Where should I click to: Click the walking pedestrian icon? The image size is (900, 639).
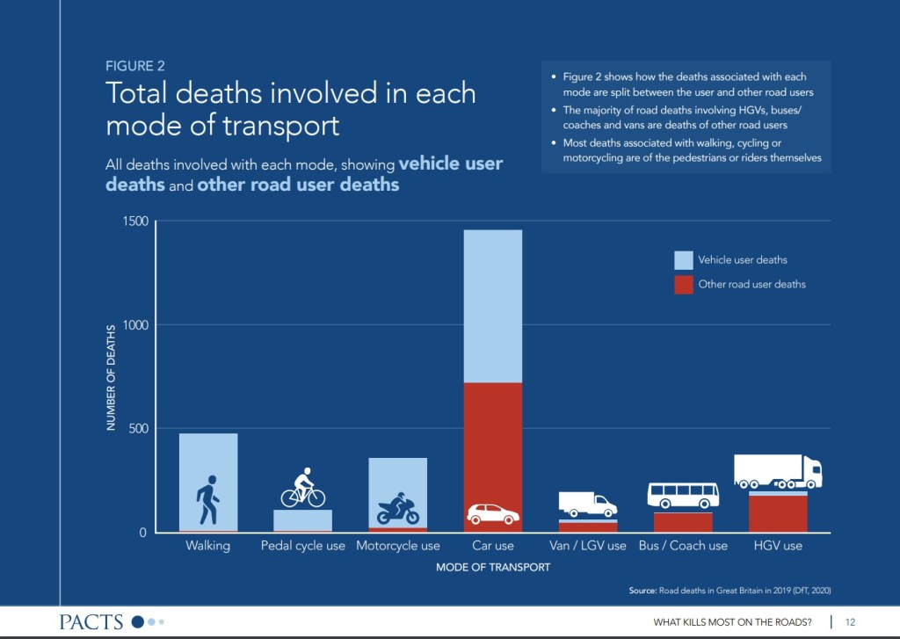click(207, 500)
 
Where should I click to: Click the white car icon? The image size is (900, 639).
click(492, 513)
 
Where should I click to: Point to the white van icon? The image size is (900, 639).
click(587, 504)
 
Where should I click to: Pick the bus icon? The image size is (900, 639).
click(683, 495)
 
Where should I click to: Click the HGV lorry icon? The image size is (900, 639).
click(778, 471)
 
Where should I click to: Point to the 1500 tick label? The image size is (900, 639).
click(136, 221)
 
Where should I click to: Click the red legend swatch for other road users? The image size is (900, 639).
click(683, 285)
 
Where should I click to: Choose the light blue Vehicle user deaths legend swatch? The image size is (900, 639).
click(683, 260)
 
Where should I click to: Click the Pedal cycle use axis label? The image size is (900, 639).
click(303, 546)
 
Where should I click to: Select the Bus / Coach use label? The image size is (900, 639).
click(683, 546)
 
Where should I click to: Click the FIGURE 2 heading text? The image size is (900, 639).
click(134, 66)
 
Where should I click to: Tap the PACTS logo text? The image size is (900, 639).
click(91, 622)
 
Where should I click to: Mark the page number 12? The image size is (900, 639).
click(850, 622)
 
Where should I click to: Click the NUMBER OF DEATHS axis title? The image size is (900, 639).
click(112, 377)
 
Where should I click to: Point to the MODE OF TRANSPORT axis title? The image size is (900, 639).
click(492, 567)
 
